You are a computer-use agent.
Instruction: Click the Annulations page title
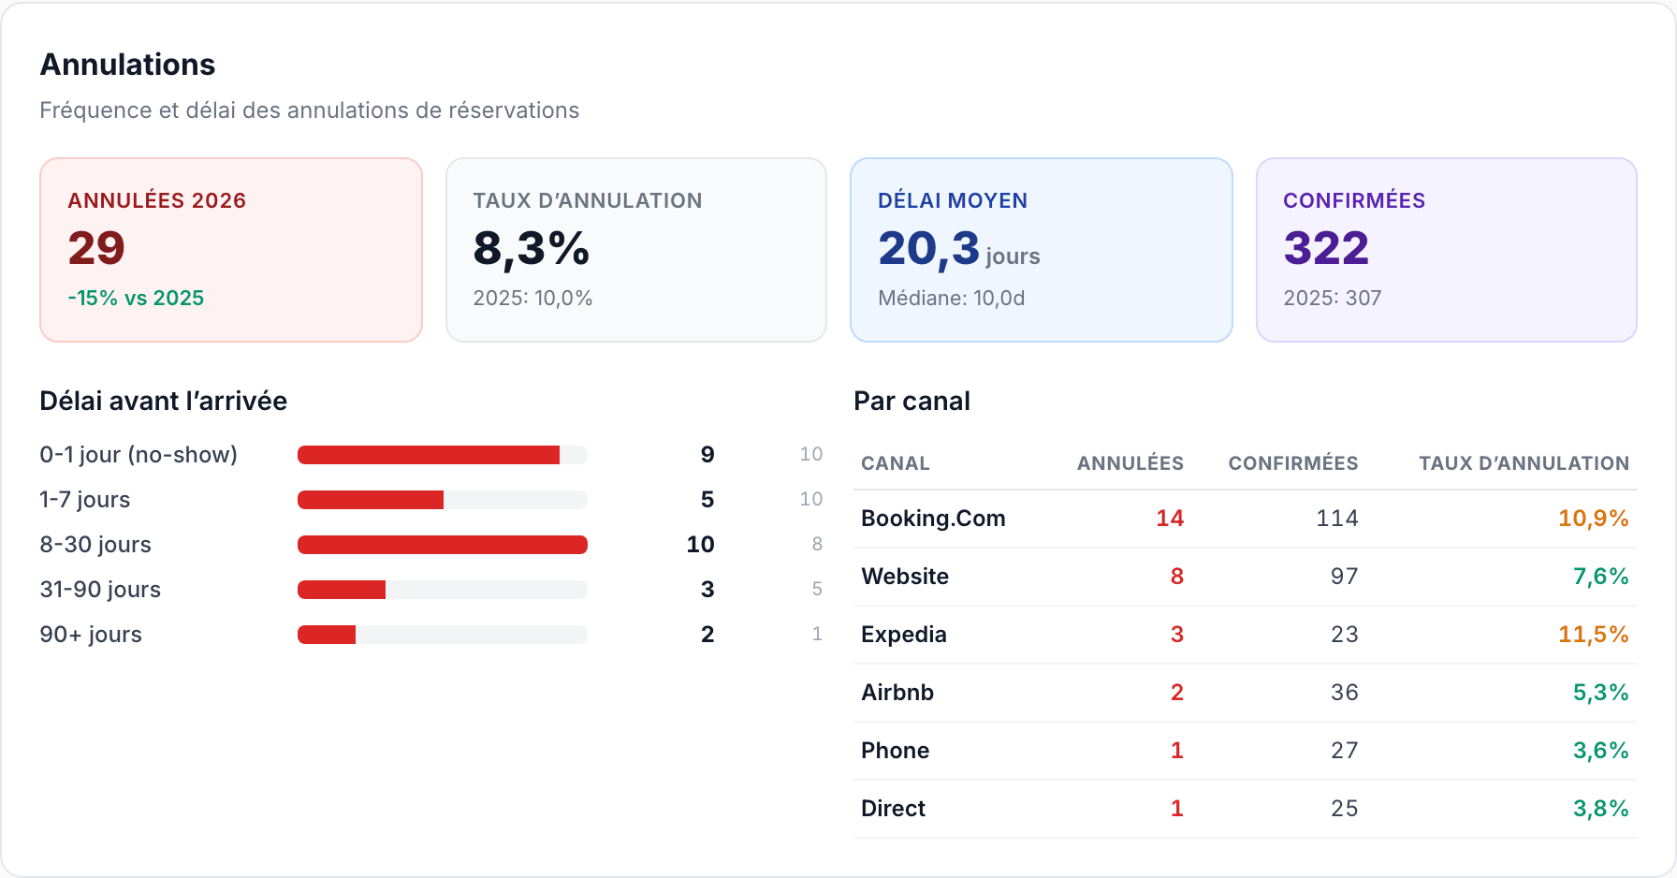pos(127,65)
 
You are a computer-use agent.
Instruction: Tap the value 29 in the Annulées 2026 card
pos(96,248)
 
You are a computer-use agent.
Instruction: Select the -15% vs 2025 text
pos(136,298)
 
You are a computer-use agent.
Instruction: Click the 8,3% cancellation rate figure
pos(532,249)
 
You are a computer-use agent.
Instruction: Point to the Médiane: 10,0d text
pos(952,298)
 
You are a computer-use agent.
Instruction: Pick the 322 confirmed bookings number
pos(1326,248)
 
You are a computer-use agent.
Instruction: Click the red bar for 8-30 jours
pos(443,545)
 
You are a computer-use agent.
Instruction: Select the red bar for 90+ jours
pos(327,635)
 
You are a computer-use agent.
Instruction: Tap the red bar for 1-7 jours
pos(371,500)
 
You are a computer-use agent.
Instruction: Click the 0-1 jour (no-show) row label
pos(139,455)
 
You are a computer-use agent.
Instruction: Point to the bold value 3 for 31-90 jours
pos(707,590)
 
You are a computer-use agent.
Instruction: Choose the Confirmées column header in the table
pos(1293,463)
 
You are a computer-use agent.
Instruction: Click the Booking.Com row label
pos(933,519)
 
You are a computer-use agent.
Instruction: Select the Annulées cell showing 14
pos(1170,519)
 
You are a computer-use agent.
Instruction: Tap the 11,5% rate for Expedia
pos(1594,635)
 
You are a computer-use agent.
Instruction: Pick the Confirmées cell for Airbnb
pos(1345,693)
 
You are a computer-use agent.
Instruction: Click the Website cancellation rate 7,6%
pos(1601,577)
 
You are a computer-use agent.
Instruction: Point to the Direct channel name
pos(893,809)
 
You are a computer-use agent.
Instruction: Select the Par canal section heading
pos(911,402)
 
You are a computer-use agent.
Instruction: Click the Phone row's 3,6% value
pos(1601,751)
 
